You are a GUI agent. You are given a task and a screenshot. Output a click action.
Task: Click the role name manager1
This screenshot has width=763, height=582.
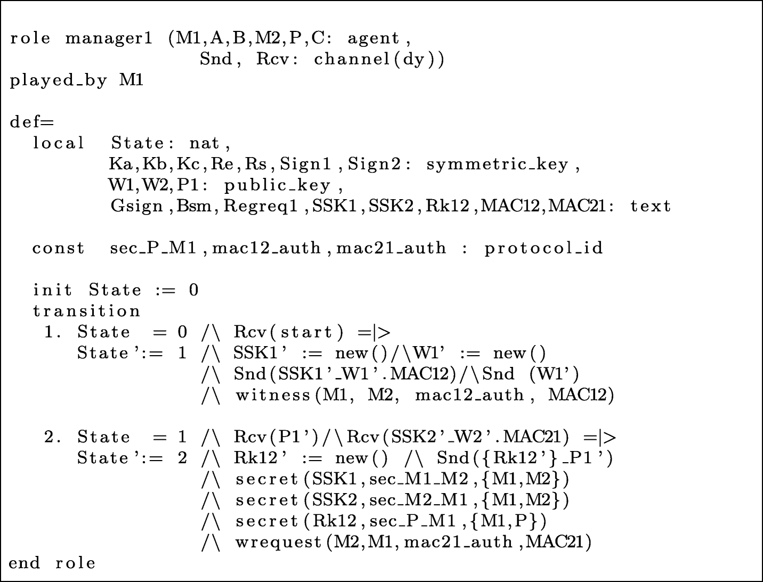[x=109, y=38]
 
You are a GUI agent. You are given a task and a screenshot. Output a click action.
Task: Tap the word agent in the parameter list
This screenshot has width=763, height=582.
[x=373, y=38]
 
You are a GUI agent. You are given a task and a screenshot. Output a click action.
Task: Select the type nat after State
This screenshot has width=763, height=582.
[x=205, y=143]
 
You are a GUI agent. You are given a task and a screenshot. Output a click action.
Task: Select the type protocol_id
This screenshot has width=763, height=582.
[x=543, y=248]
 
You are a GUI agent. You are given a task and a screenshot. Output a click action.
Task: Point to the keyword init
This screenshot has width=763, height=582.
[x=52, y=290]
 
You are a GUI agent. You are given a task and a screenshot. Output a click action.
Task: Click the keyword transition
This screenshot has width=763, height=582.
[x=87, y=311]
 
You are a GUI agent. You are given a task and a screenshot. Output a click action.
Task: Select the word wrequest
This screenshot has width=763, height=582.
[x=278, y=542]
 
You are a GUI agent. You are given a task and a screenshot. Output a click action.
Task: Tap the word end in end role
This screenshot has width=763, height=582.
[x=25, y=563]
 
